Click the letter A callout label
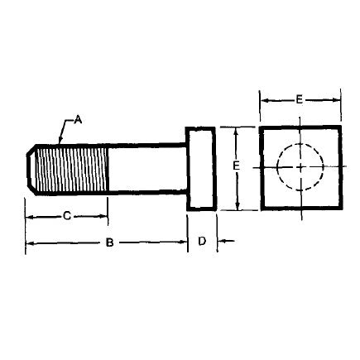pos(79,119)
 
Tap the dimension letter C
pos(66,216)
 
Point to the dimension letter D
pos(203,242)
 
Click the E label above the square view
pos(299,99)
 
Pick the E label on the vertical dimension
pos(237,167)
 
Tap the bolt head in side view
pos(202,169)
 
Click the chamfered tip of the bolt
pos(32,169)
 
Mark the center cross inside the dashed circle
pos(300,168)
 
